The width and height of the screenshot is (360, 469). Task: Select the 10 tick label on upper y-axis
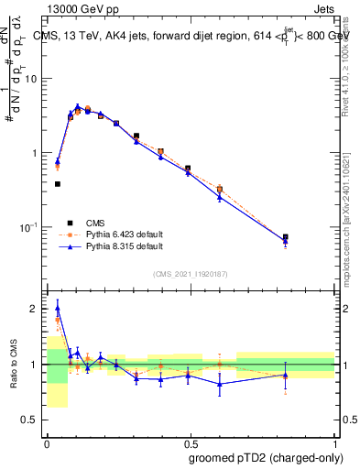click(30, 79)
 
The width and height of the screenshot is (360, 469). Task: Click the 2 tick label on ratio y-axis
click(33, 309)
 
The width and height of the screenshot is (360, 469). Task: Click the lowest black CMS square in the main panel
click(58, 184)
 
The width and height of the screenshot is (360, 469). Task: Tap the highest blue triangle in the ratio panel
click(58, 305)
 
